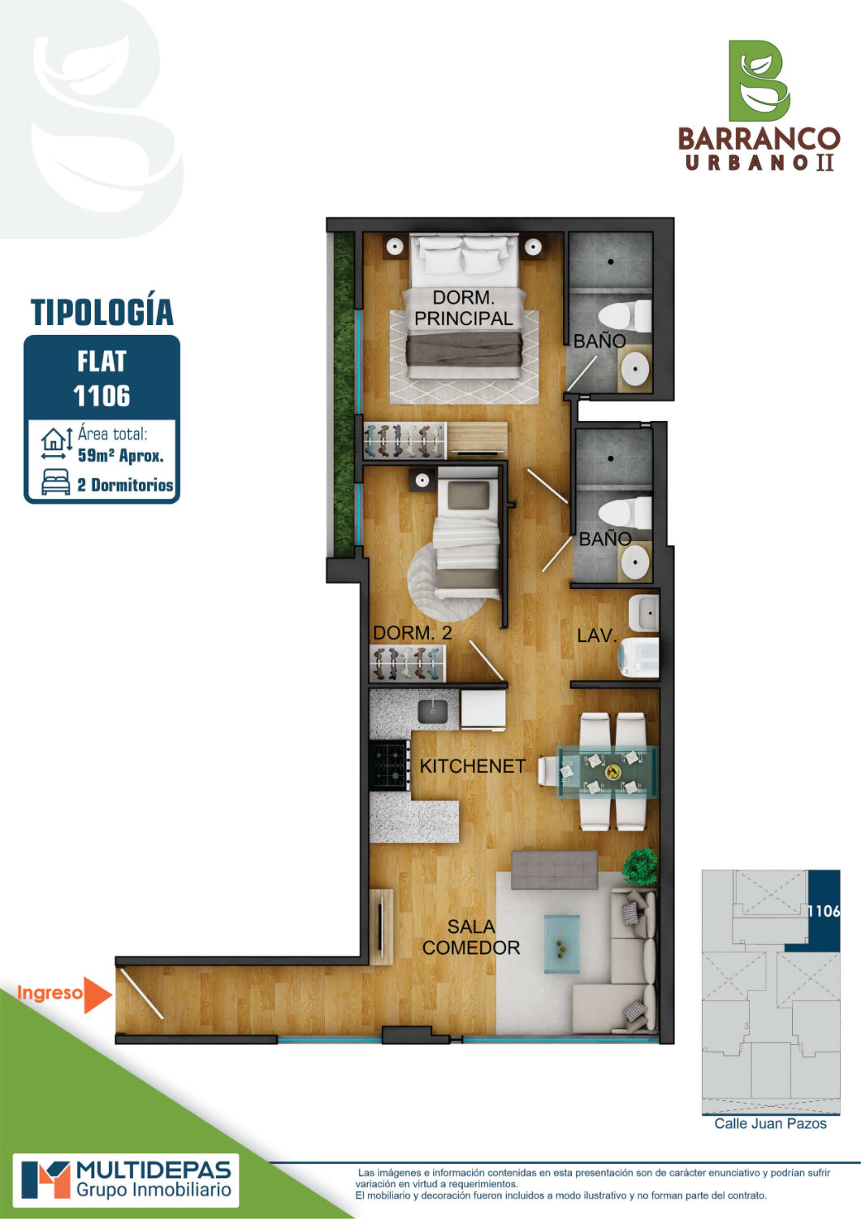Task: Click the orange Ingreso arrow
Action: pyautogui.click(x=97, y=995)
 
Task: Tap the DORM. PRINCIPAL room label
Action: pyautogui.click(x=464, y=308)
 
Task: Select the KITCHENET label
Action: pyautogui.click(x=473, y=766)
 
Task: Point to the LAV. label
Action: pyautogui.click(x=597, y=635)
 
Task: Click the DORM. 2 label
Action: pyautogui.click(x=413, y=633)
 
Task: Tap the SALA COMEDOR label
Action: pyautogui.click(x=471, y=937)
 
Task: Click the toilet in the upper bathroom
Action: pyautogui.click(x=625, y=317)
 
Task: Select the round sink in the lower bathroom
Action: pyautogui.click(x=635, y=562)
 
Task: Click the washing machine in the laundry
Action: pyautogui.click(x=638, y=657)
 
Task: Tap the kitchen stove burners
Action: pyautogui.click(x=389, y=766)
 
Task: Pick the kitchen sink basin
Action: pyautogui.click(x=433, y=712)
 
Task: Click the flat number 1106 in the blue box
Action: pyautogui.click(x=102, y=396)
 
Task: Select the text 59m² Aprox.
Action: pyautogui.click(x=121, y=455)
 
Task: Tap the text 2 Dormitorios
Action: pyautogui.click(x=125, y=485)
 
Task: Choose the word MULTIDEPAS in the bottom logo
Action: pyautogui.click(x=154, y=1169)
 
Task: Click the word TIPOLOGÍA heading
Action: pyautogui.click(x=102, y=312)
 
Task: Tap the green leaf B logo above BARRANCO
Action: pyautogui.click(x=759, y=80)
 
